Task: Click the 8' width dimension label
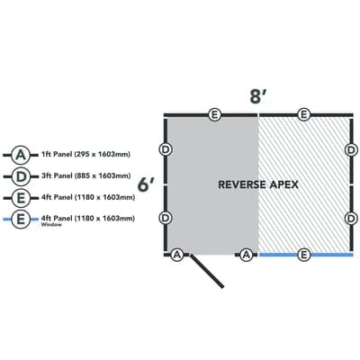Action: click(257, 96)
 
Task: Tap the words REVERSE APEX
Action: click(258, 184)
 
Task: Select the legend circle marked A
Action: click(20, 154)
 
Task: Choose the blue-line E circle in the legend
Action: click(20, 218)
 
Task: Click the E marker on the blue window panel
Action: click(304, 256)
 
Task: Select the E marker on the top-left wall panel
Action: click(213, 114)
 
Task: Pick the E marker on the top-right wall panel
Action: click(304, 114)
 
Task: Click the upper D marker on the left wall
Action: click(166, 148)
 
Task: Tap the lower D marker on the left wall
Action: click(166, 218)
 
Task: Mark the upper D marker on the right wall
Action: click(350, 148)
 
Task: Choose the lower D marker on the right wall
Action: click(350, 218)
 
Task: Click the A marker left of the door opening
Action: click(178, 256)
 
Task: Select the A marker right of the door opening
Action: click(246, 256)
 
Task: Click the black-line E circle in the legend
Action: click(20, 196)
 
